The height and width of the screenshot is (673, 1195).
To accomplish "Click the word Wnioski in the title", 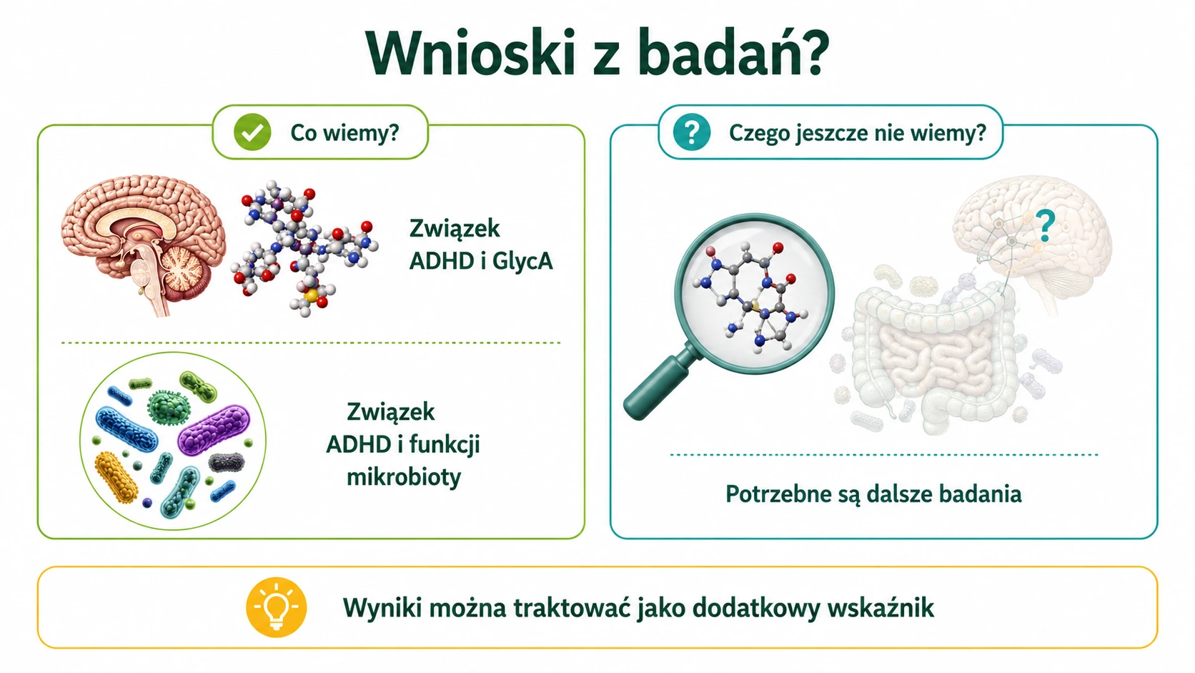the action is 470,54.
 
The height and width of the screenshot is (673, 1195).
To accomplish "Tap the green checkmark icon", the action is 252,132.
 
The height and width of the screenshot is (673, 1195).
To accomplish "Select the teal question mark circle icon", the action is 691,132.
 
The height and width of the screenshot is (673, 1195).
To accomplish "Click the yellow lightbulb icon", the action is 277,607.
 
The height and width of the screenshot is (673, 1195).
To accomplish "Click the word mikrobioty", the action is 404,476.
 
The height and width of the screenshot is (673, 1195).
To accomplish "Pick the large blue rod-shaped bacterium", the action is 127,430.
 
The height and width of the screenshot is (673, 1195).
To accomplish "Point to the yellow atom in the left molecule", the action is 311,295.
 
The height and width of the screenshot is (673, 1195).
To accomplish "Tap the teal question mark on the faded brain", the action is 1045,226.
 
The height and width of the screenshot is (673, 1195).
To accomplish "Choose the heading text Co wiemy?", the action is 344,132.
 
